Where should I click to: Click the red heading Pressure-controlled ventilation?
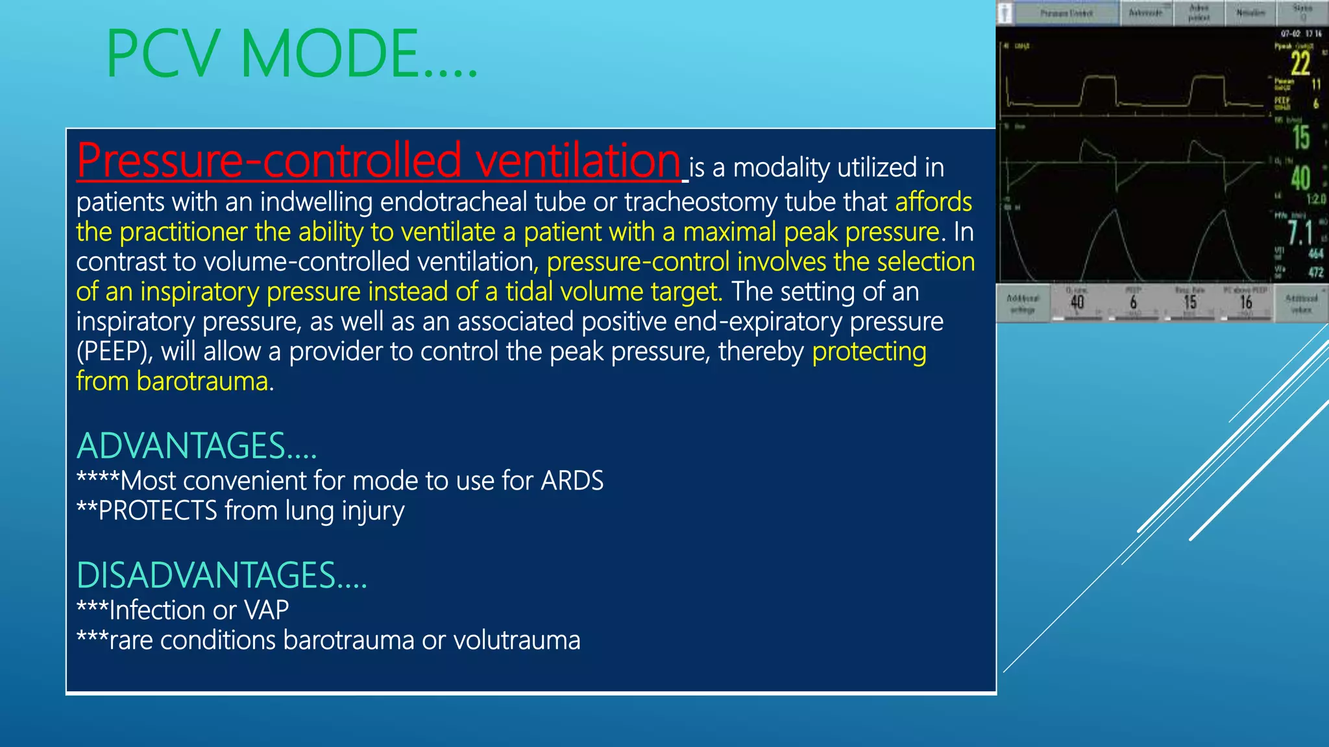pyautogui.click(x=378, y=160)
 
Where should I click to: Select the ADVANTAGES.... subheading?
pyautogui.click(x=196, y=446)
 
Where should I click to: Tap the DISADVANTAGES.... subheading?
pyautogui.click(x=221, y=576)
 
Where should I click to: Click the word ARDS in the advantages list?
pyautogui.click(x=572, y=481)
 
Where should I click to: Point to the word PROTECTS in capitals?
pyautogui.click(x=158, y=511)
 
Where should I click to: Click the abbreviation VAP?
pyautogui.click(x=266, y=610)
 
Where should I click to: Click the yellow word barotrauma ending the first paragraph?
pyautogui.click(x=202, y=381)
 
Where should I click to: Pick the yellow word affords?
pyautogui.click(x=933, y=202)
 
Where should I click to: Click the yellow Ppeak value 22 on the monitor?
pyautogui.click(x=1300, y=64)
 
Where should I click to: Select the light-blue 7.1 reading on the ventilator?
pyautogui.click(x=1300, y=233)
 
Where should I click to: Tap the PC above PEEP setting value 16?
pyautogui.click(x=1246, y=303)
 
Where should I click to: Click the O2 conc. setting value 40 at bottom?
pyautogui.click(x=1077, y=303)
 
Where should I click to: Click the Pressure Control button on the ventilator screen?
pyautogui.click(x=1066, y=13)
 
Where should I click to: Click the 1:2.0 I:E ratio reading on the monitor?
pyautogui.click(x=1315, y=199)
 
